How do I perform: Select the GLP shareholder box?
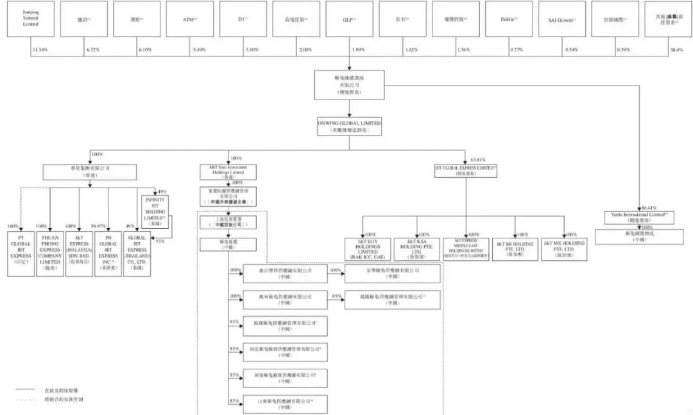click(350, 19)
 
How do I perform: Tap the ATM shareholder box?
click(190, 19)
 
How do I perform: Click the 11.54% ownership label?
click(40, 49)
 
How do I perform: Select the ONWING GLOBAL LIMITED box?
click(349, 125)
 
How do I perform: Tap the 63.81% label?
click(478, 157)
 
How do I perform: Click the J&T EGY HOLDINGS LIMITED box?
click(363, 248)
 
